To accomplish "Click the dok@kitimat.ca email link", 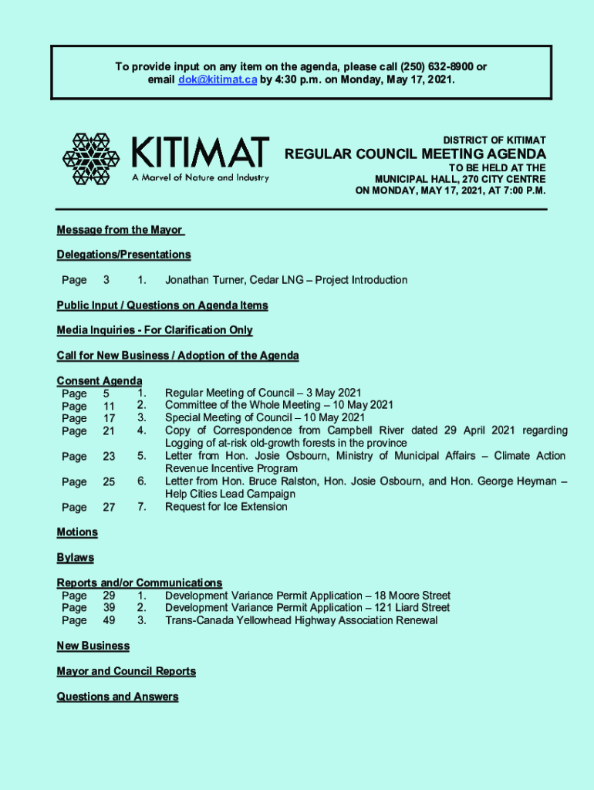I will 218,80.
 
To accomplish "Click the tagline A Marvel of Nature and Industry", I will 200,178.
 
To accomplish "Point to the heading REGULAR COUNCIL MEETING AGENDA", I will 415,154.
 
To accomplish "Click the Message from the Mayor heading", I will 120,230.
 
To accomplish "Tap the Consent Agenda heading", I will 99,381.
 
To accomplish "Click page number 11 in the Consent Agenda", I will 109,406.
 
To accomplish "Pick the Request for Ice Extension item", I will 226,507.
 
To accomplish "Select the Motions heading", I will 77,532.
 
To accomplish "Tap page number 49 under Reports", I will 109,620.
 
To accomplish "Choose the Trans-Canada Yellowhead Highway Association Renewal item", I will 301,620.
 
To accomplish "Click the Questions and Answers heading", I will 117,697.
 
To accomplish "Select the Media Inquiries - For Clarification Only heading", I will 154,330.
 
